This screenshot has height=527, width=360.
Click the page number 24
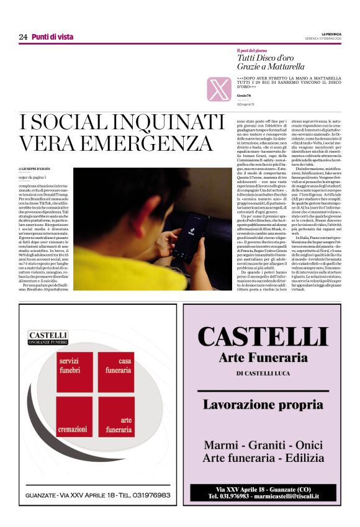point(23,37)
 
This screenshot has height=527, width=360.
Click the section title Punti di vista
point(53,37)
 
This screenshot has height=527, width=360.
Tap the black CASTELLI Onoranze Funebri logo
point(48,338)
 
